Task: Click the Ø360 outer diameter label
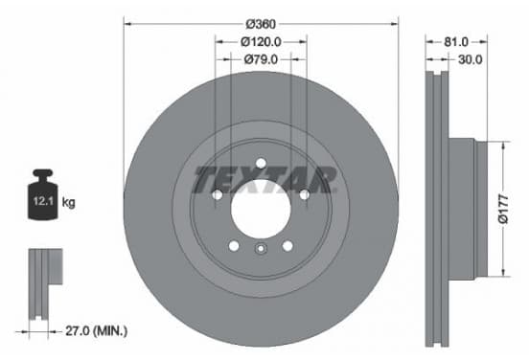(x=261, y=24)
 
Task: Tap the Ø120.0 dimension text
(x=261, y=42)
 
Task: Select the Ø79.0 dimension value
(x=261, y=59)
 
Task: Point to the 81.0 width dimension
(x=456, y=42)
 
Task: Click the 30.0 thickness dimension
(x=471, y=59)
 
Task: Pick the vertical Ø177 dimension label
(x=503, y=209)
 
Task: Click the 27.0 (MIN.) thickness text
(x=97, y=331)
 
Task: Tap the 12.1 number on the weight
(x=43, y=201)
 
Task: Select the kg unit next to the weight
(x=68, y=203)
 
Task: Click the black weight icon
(x=43, y=194)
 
